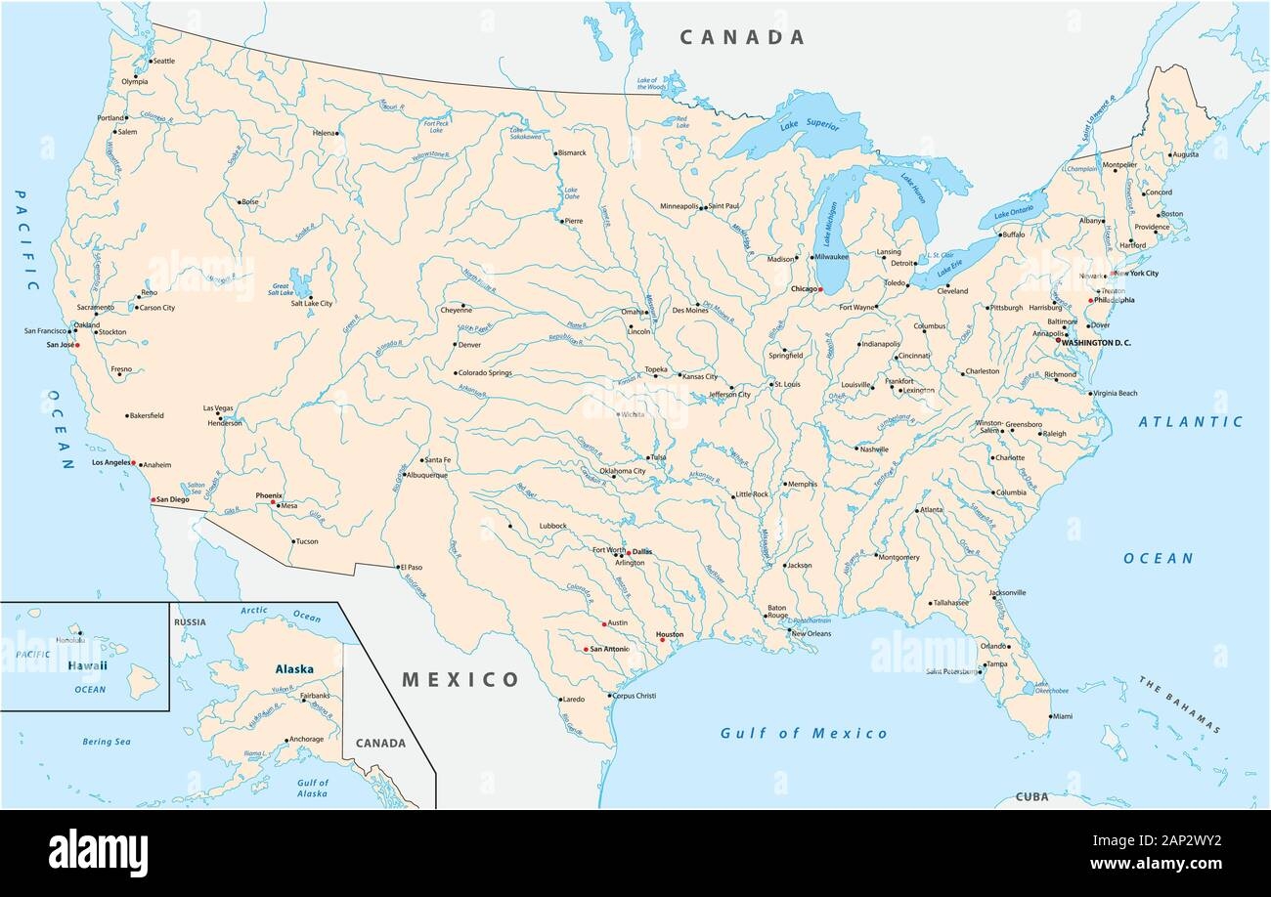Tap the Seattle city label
click(163, 62)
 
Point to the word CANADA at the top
click(742, 38)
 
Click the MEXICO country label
click(460, 679)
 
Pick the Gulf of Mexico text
click(804, 733)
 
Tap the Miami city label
click(1061, 716)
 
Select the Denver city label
click(469, 344)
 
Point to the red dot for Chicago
click(821, 290)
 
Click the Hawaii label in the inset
click(87, 665)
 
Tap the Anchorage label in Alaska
click(306, 739)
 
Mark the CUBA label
click(1030, 796)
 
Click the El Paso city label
click(410, 567)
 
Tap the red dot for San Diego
click(152, 499)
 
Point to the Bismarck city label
click(571, 153)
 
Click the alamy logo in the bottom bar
click(98, 853)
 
